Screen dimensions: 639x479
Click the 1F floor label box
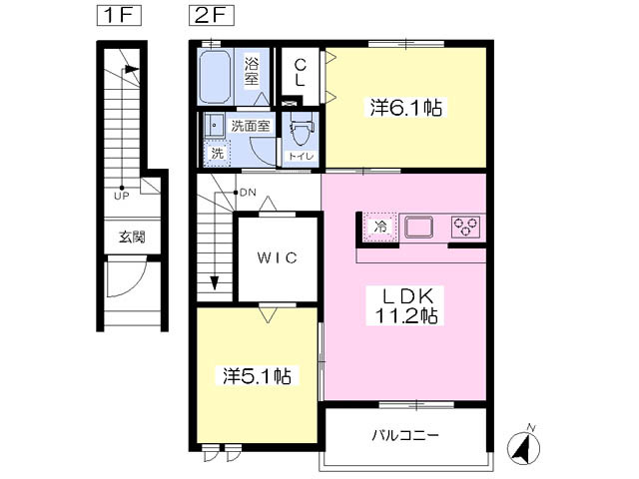(119, 17)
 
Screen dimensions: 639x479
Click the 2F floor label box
(211, 17)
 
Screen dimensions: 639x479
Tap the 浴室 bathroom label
(252, 71)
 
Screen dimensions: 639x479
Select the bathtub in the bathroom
(216, 77)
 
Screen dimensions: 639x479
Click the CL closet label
(300, 72)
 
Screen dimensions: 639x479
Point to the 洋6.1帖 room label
(406, 108)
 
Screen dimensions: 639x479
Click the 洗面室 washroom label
(251, 126)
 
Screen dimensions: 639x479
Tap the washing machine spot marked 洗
(218, 153)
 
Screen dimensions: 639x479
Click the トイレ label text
(302, 156)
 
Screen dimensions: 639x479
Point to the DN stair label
(248, 193)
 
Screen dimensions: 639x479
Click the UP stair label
(122, 197)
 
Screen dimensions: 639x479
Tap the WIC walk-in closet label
(278, 257)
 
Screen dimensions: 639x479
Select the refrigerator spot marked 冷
(380, 228)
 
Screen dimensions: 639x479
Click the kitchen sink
(418, 228)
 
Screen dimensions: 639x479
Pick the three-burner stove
(466, 228)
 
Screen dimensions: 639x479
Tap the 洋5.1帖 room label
(258, 376)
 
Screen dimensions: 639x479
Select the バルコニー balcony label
(405, 435)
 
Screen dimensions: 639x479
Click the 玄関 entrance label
(133, 238)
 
